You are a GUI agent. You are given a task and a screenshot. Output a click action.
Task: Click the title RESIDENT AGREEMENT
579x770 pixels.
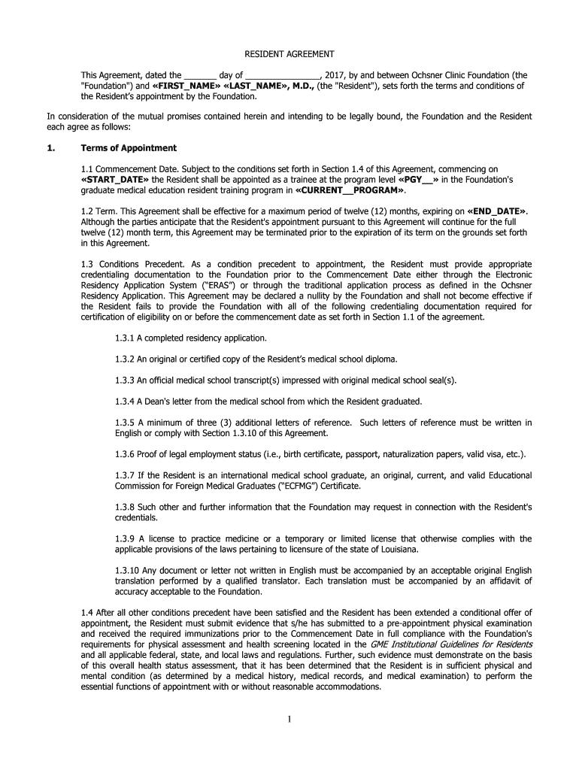click(289, 54)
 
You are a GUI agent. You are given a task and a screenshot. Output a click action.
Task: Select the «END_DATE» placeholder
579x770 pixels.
click(497, 211)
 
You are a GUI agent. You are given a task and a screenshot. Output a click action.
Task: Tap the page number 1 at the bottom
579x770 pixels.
click(289, 718)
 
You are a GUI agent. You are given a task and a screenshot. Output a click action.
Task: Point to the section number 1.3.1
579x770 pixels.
click(125, 338)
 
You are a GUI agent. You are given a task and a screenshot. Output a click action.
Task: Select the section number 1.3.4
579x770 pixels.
click(125, 401)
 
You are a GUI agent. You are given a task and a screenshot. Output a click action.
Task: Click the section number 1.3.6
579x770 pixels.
click(125, 453)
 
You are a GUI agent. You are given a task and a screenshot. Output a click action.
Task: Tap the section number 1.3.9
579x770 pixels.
click(125, 538)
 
